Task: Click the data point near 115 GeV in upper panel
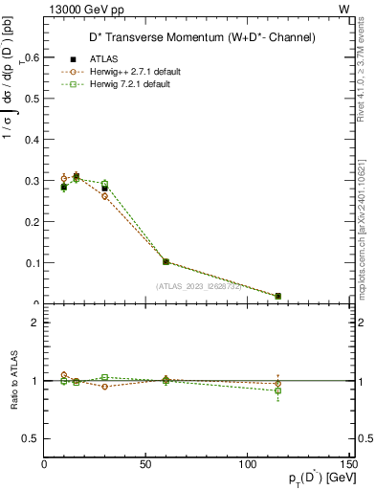click(x=278, y=296)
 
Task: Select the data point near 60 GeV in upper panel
click(x=166, y=261)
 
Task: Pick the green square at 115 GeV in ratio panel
click(x=278, y=390)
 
